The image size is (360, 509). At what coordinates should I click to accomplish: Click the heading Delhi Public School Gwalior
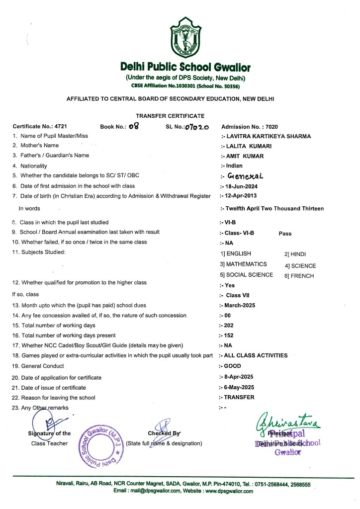coord(185,67)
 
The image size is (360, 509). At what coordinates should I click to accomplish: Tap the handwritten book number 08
coord(133,127)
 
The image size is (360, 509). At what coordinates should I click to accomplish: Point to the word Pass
coord(285,233)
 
